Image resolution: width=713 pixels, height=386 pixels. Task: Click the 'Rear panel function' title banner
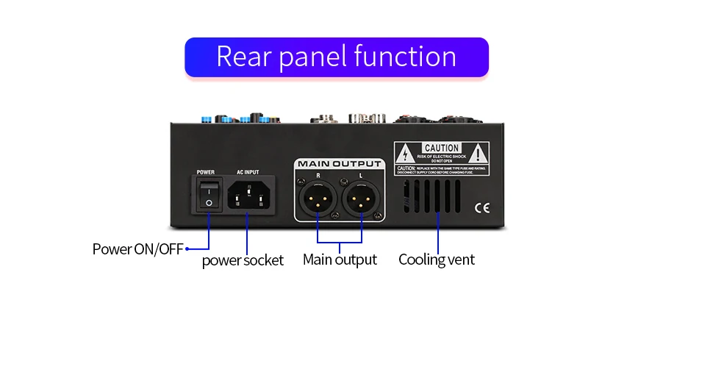[x=336, y=57]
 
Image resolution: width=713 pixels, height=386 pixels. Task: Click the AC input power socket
[x=247, y=196]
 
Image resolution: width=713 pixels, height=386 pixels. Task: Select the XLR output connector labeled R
[x=318, y=199]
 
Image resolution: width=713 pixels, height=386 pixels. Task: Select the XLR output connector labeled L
[x=361, y=199]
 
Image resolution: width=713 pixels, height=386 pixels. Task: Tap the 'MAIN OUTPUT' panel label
[x=339, y=163]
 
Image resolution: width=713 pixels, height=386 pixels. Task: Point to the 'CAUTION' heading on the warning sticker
[x=442, y=148]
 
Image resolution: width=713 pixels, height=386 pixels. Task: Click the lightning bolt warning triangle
[x=404, y=155]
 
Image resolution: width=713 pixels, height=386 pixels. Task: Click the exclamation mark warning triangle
[x=478, y=154]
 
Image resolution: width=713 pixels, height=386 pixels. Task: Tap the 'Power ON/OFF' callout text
[x=137, y=249]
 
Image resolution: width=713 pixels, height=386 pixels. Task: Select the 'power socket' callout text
[x=243, y=260]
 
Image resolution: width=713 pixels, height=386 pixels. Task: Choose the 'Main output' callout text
[x=340, y=260]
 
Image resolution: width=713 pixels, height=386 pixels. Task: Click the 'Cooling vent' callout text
[x=437, y=260]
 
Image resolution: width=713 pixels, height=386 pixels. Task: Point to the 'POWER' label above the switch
[x=206, y=172]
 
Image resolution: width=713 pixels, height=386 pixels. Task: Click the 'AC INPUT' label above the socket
[x=248, y=172]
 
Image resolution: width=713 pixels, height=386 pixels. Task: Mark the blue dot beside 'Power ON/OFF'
[x=187, y=249]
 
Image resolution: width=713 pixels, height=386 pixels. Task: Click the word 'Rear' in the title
[x=243, y=57]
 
